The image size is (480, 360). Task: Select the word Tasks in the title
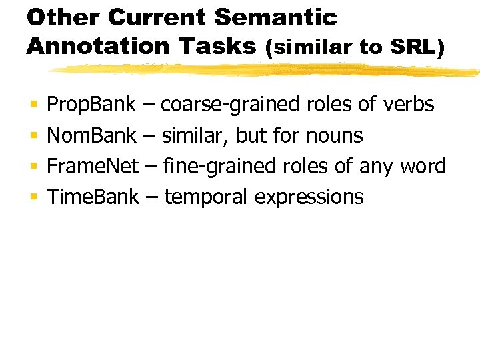point(223,46)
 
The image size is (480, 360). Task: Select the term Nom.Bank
point(92,136)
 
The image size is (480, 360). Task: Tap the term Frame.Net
point(93,166)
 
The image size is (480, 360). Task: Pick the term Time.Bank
point(93,197)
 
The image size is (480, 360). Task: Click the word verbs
point(409,105)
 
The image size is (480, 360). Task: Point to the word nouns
point(335,136)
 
